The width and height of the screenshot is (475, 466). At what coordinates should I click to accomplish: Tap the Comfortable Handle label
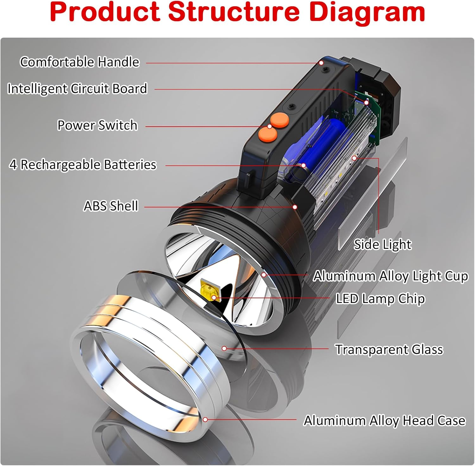tap(79, 62)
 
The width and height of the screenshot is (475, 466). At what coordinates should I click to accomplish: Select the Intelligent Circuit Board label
tap(77, 89)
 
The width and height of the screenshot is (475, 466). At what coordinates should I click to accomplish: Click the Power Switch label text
tap(97, 125)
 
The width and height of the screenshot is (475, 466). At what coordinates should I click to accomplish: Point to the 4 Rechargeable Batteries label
tap(83, 165)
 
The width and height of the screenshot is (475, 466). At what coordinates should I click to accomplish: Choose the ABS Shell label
tap(111, 206)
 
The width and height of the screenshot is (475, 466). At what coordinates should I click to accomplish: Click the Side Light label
tap(382, 244)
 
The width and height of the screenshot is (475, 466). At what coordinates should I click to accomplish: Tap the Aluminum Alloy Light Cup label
tap(390, 276)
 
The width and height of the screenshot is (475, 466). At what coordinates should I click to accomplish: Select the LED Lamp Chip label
tap(380, 299)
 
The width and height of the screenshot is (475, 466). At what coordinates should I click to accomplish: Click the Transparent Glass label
tap(389, 349)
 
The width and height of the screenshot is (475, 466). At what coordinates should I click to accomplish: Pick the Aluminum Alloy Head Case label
tap(384, 420)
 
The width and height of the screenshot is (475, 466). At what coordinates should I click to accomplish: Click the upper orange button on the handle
tap(279, 120)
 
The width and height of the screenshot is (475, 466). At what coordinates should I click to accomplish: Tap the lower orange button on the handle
tap(268, 135)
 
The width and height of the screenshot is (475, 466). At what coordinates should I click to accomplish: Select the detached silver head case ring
tap(149, 364)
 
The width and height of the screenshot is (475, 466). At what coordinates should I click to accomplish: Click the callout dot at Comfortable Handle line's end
tap(321, 63)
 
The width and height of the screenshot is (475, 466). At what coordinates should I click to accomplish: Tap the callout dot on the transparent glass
tap(224, 348)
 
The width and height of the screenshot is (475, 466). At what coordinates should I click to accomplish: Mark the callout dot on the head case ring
tap(205, 419)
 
